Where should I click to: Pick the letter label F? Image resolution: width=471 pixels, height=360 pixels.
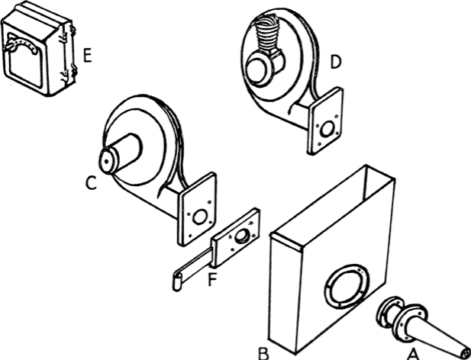213,279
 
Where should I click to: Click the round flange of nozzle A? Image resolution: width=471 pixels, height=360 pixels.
397,319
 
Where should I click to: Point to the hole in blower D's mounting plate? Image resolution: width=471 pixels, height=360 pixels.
327,129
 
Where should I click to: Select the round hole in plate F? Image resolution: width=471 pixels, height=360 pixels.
242,237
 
